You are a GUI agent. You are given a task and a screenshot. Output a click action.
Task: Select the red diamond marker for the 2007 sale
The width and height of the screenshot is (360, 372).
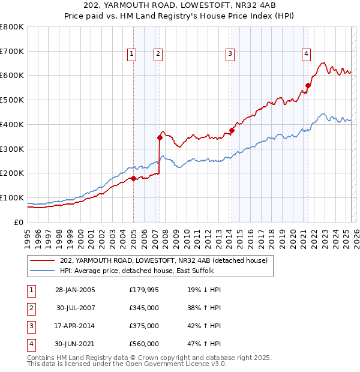click(160, 137)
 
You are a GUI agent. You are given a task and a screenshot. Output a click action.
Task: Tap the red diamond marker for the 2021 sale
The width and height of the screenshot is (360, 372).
click(308, 85)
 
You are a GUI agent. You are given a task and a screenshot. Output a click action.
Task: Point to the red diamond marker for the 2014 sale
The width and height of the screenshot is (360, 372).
click(232, 130)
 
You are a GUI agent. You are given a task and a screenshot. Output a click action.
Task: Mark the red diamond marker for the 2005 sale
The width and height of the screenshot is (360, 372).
click(133, 178)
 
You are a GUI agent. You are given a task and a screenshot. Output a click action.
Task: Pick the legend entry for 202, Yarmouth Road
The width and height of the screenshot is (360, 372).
click(167, 260)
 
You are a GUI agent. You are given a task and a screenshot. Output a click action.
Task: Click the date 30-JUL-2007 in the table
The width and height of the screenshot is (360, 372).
click(75, 308)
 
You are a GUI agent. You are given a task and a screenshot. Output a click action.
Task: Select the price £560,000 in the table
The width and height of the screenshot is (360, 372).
click(143, 344)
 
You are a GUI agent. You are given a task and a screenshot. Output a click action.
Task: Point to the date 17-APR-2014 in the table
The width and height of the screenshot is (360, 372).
click(75, 326)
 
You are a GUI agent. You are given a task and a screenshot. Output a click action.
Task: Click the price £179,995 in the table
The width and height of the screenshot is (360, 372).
click(143, 290)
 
